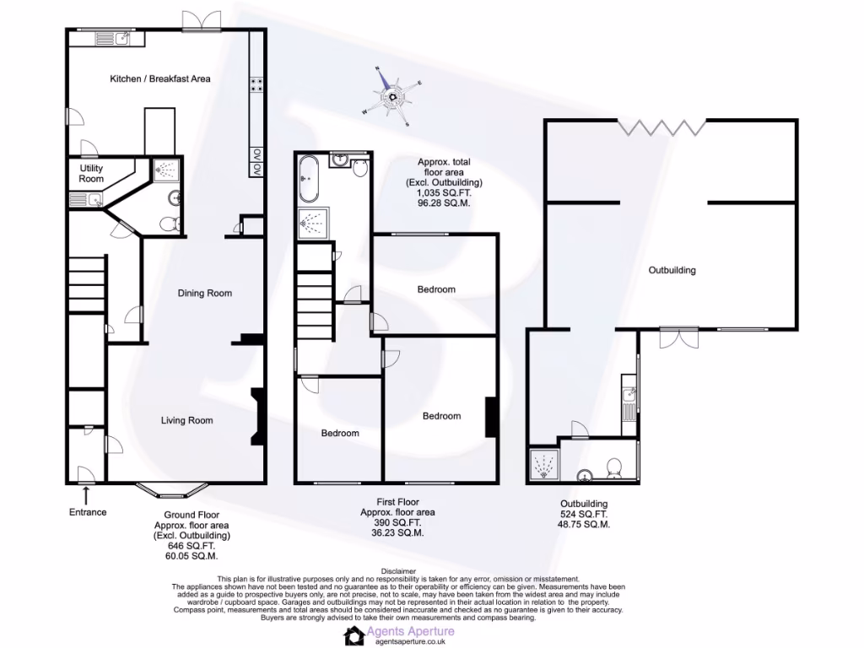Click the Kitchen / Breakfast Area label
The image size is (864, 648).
point(160,78)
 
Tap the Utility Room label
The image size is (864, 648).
point(91,174)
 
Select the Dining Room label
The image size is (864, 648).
point(204,294)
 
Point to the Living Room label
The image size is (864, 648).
point(187,420)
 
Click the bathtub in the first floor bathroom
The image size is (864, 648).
point(308,179)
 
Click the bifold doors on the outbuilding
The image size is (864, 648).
point(661,127)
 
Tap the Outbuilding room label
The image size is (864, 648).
point(672,271)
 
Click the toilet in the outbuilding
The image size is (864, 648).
point(614,467)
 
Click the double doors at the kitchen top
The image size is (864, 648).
point(202,21)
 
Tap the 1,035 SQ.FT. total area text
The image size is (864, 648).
point(444,193)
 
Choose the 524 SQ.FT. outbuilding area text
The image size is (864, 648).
point(583,514)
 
